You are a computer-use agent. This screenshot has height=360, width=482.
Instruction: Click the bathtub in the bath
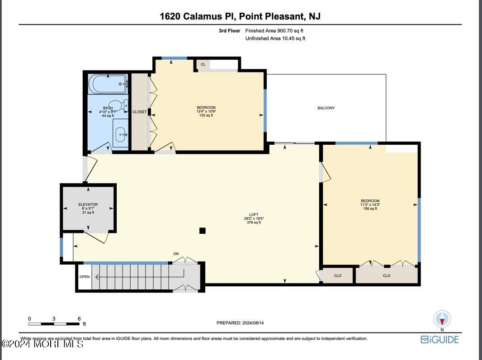pyautogui.click(x=108, y=84)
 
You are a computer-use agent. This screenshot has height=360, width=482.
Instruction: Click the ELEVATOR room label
pyautogui.click(x=88, y=205)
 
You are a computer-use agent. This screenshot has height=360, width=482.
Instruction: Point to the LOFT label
pyautogui.click(x=254, y=215)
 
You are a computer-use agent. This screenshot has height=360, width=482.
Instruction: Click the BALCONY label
pyautogui.click(x=326, y=108)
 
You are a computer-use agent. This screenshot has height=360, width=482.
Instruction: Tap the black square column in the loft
pyautogui.click(x=203, y=231)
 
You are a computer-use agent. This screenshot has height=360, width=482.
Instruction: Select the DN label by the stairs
pyautogui.click(x=176, y=254)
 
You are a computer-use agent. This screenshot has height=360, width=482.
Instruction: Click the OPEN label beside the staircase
pyautogui.click(x=85, y=277)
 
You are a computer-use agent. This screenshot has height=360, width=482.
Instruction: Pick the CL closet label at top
pyautogui.click(x=203, y=65)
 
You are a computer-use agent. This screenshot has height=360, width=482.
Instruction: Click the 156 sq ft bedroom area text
pyautogui.click(x=370, y=208)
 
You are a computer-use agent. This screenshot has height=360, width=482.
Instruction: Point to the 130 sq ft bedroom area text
pyautogui.click(x=206, y=115)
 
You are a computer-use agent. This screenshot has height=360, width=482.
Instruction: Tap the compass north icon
pyautogui.click(x=442, y=319)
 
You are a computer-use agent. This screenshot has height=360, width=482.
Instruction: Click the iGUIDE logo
pyautogui.click(x=439, y=339)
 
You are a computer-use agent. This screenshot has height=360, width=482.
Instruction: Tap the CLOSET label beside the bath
pyautogui.click(x=139, y=112)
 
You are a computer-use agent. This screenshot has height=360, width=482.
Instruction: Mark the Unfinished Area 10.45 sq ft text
pyautogui.click(x=275, y=38)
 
